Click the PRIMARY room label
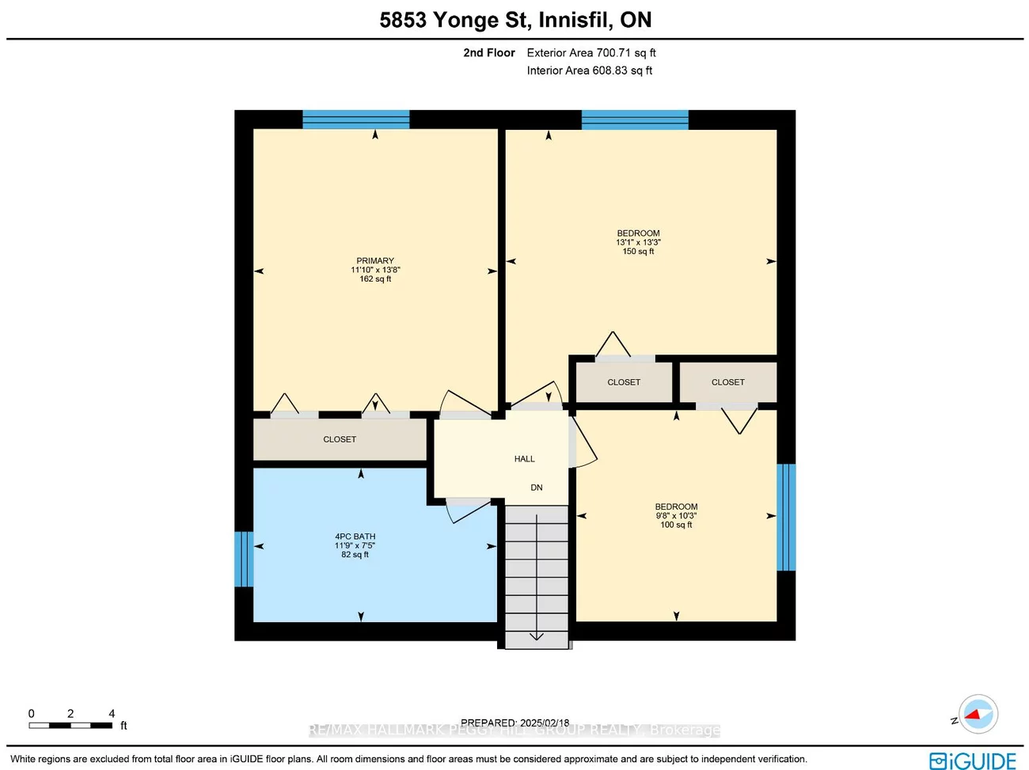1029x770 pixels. (375, 260)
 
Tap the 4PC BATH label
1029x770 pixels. (355, 537)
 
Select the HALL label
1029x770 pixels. (524, 459)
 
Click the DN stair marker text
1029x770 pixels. (537, 487)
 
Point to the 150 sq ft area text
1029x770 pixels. (638, 252)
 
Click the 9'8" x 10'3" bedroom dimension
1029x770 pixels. (676, 516)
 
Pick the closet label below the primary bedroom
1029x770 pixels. (340, 439)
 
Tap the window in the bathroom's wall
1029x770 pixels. (243, 559)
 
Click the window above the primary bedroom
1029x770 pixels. (356, 119)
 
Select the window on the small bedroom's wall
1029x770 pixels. (785, 517)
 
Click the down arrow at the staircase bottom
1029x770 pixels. (537, 634)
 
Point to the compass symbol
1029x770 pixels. (978, 715)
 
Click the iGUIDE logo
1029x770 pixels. (973, 761)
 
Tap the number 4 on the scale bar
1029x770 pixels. (112, 714)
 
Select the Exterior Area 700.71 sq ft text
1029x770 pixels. (591, 53)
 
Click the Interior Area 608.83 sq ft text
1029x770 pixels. (590, 70)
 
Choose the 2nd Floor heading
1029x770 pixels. (488, 53)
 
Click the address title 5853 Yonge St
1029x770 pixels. (515, 20)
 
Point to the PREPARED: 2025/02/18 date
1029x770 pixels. (514, 723)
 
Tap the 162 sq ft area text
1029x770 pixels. (375, 279)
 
